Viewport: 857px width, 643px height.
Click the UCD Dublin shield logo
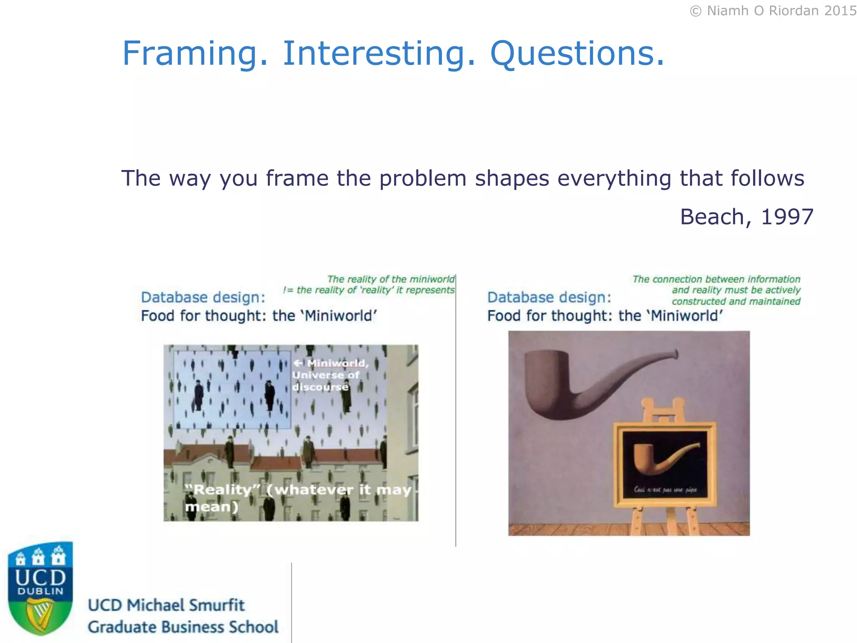point(41,588)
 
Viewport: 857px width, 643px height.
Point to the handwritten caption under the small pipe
point(665,489)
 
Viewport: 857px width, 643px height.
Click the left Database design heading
point(203,297)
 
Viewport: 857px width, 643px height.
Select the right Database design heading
point(549,297)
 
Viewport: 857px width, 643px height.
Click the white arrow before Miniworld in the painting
point(298,363)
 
